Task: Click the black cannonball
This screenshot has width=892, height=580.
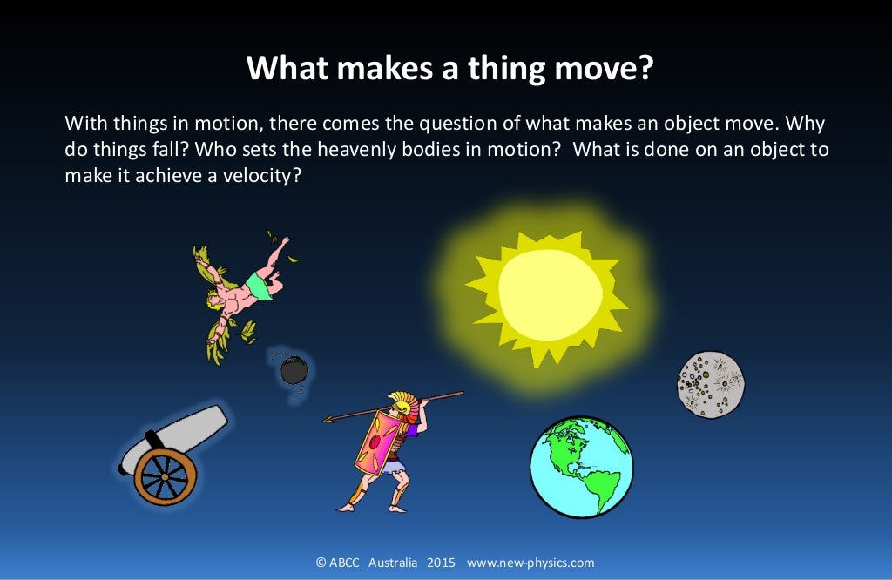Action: tap(294, 370)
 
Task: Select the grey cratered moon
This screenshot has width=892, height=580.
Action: tap(711, 384)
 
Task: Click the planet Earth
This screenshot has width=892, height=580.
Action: tap(581, 468)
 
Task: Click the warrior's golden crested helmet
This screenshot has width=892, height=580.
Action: tap(402, 402)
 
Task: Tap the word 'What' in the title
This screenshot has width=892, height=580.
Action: tap(280, 67)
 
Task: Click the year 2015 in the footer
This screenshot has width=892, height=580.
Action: tap(442, 563)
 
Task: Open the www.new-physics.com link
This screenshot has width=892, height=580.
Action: tap(530, 563)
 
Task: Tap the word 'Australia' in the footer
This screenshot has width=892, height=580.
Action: tap(393, 563)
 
